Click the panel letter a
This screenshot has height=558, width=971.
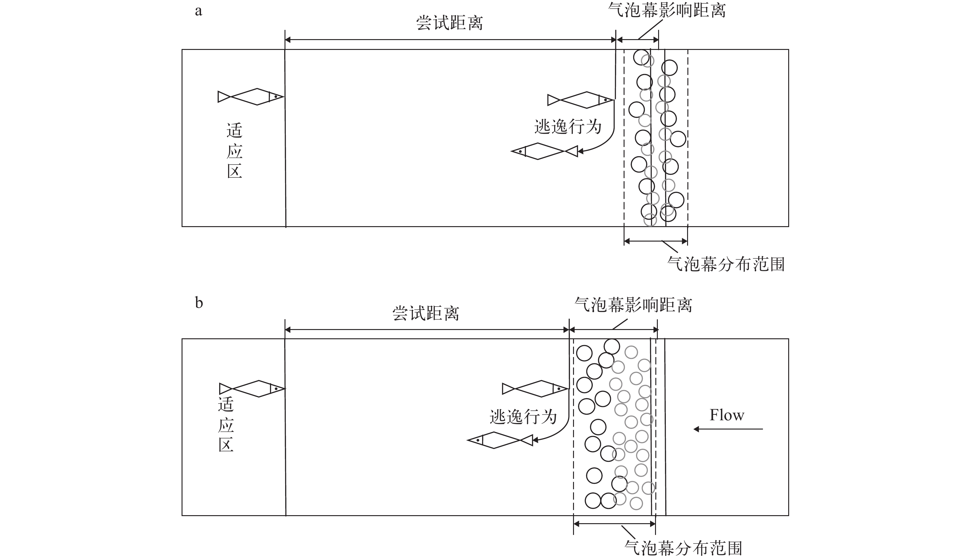tap(198, 11)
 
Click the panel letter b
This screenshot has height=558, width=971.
tap(199, 303)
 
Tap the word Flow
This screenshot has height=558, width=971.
tap(727, 415)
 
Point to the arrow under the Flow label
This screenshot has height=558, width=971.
tap(728, 429)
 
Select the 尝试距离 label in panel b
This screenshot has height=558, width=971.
tap(425, 313)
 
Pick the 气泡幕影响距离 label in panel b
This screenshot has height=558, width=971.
tap(633, 305)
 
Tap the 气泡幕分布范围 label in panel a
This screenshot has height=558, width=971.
tap(726, 264)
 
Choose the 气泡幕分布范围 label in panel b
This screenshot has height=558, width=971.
tap(683, 548)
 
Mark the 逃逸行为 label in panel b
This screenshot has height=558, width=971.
tap(523, 417)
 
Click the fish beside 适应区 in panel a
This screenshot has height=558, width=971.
tap(251, 96)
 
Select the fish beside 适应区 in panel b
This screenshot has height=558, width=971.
tap(252, 389)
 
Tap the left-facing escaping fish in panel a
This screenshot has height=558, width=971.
tap(544, 151)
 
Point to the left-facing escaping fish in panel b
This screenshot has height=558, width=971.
tap(500, 440)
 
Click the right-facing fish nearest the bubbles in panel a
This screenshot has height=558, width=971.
tap(580, 100)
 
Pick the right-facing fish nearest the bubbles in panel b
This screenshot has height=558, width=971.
tap(535, 389)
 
